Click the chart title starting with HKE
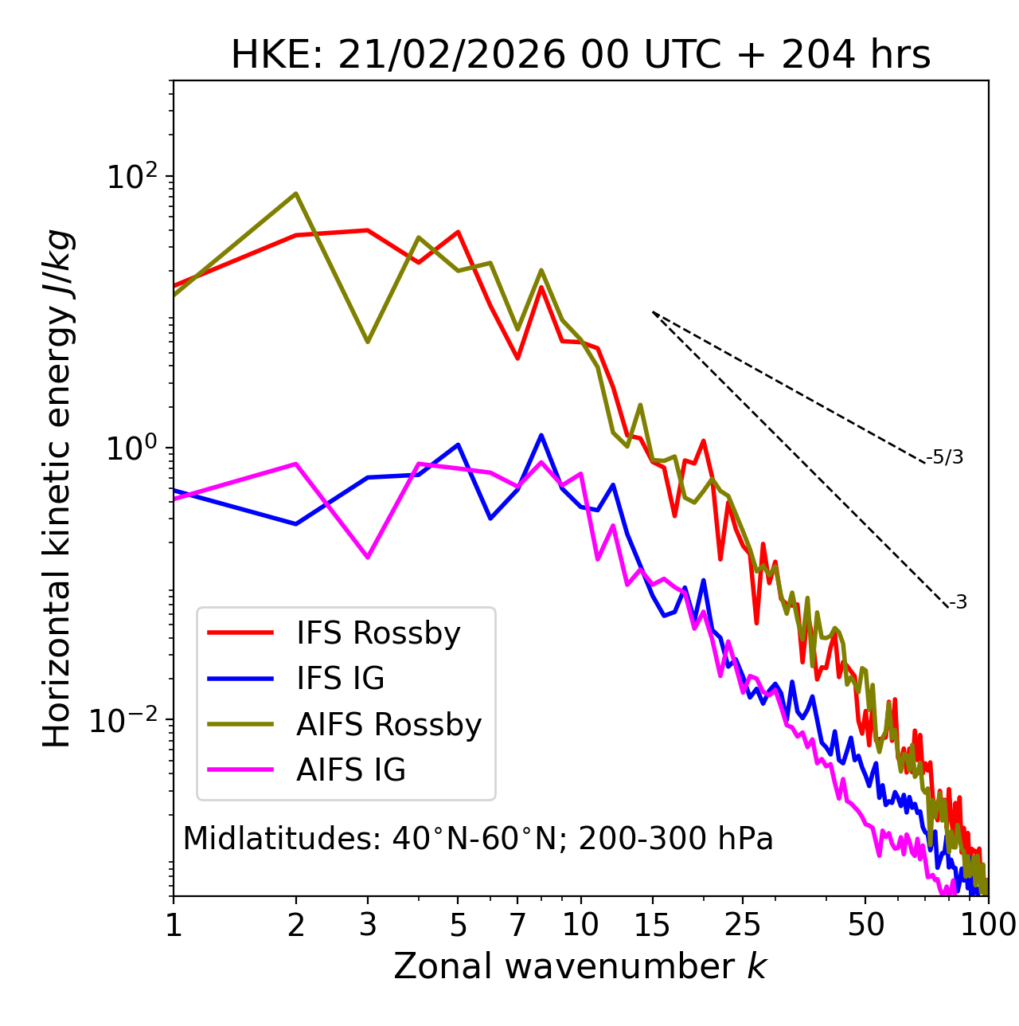point(580,55)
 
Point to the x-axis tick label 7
point(517,925)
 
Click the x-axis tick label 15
point(652,925)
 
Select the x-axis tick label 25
point(743,925)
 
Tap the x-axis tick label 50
point(865,925)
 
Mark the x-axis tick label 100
point(987,925)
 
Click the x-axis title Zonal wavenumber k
point(580,966)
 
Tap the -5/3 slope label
point(945,457)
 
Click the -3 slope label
point(958,602)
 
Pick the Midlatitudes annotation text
point(478,839)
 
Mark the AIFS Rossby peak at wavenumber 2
point(296,194)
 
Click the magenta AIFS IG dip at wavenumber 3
point(368,557)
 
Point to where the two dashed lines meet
point(653,312)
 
